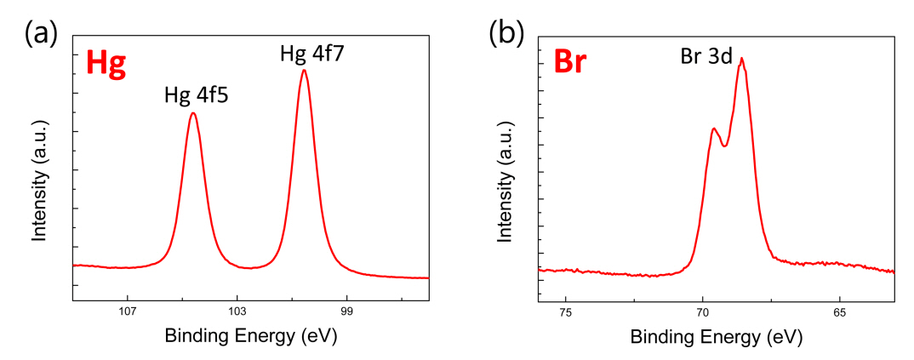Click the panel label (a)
40,33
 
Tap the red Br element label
569,62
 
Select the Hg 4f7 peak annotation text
311,55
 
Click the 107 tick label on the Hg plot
129,311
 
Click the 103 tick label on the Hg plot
237,311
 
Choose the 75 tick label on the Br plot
566,311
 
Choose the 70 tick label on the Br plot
703,311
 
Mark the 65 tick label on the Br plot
840,311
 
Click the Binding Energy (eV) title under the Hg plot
251,335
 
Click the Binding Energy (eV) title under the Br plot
716,335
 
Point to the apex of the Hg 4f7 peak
304,70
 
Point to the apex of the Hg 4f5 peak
193,113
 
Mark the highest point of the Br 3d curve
742,58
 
